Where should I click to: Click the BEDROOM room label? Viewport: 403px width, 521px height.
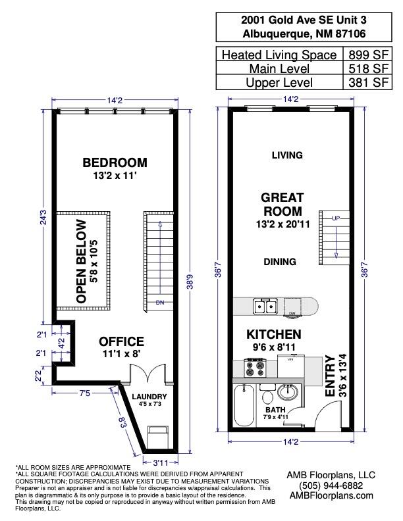[115, 162]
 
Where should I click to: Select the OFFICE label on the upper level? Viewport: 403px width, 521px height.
[121, 341]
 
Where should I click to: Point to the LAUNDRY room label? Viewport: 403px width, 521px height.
[149, 397]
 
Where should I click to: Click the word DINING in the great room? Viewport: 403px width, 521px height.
[280, 262]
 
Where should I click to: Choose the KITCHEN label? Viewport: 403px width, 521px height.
[274, 334]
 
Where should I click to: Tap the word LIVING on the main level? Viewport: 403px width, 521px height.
[287, 155]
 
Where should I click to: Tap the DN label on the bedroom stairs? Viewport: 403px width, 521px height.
[159, 303]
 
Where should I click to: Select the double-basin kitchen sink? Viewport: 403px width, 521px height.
[267, 307]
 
